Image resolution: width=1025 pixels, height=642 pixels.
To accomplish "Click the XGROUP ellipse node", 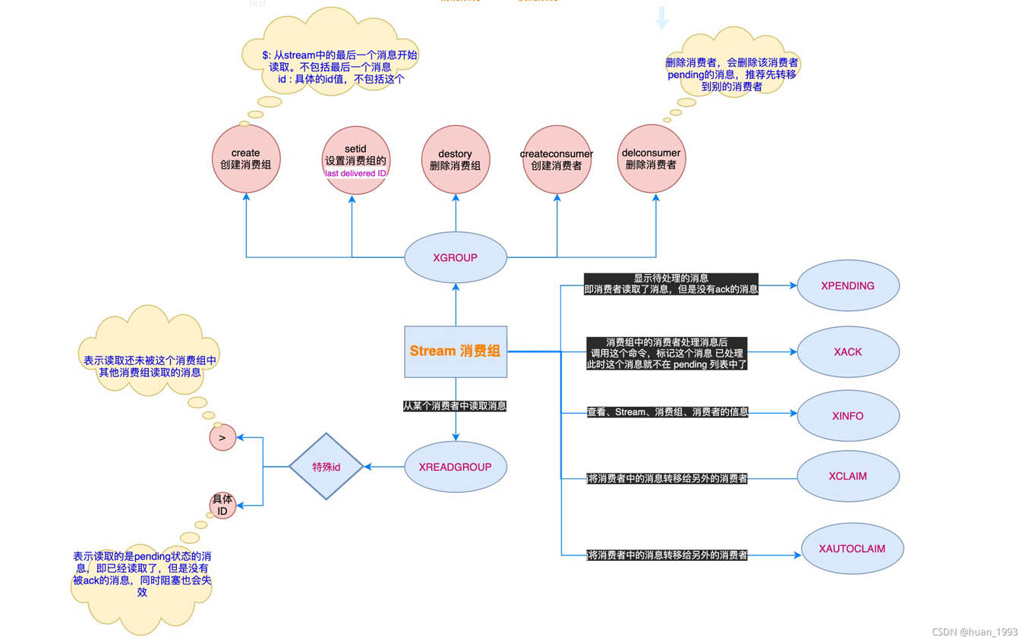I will (456, 257).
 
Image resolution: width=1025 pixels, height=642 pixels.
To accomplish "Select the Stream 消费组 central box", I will (456, 351).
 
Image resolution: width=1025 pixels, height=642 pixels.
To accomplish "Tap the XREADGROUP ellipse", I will (456, 467).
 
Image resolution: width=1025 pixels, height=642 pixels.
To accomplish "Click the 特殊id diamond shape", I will (326, 467).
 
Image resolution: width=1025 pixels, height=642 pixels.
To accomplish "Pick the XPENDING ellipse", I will (847, 286).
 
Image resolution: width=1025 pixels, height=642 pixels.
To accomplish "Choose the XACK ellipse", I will (847, 352).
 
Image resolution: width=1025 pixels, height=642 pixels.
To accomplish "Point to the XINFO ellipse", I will (847, 416).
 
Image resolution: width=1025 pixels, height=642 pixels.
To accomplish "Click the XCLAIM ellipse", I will (847, 477).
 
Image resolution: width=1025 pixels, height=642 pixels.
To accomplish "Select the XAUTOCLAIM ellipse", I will (852, 549).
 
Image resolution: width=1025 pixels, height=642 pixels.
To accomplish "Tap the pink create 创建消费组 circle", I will (245, 159).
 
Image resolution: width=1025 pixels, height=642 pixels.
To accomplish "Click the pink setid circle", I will (355, 160).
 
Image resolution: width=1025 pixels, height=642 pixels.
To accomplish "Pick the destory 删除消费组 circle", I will (455, 160).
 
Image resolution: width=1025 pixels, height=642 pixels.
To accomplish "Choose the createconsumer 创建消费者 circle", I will (557, 160).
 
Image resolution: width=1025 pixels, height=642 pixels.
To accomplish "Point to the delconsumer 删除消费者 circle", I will (651, 159).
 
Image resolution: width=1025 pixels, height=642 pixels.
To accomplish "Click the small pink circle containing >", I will (222, 438).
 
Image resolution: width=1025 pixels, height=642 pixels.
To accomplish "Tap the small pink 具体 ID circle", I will (222, 505).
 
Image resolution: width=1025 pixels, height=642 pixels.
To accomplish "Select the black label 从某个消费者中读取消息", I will (455, 407).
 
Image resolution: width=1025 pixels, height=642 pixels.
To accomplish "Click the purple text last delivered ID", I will (355, 174).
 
